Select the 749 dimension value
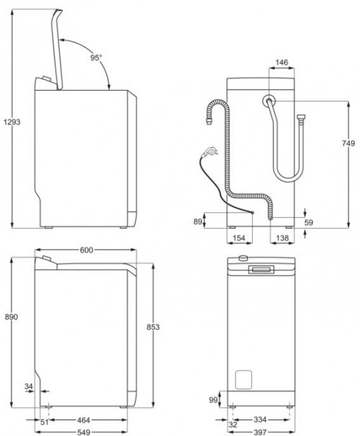click(x=348, y=144)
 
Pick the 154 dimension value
click(x=240, y=237)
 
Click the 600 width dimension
click(x=87, y=250)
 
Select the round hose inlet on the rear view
click(x=268, y=101)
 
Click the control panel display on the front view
click(x=261, y=269)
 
